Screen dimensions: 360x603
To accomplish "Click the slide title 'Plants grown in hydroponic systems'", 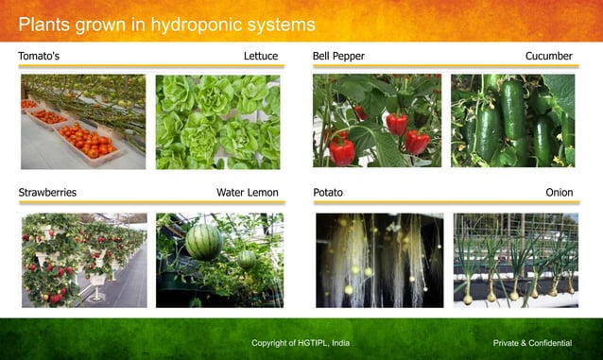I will click(166, 24).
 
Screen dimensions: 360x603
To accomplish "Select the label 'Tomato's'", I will click(39, 57).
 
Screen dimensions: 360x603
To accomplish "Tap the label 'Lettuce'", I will click(261, 57).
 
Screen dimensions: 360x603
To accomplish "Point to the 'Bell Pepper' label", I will click(338, 57).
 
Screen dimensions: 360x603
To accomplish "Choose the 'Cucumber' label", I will click(549, 57).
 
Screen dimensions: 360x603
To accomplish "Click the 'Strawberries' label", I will click(47, 193).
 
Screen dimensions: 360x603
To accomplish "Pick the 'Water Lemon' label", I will click(248, 193).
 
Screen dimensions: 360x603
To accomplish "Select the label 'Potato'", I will click(328, 193).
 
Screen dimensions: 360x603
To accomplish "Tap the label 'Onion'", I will click(559, 193).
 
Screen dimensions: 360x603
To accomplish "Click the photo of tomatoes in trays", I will click(83, 122).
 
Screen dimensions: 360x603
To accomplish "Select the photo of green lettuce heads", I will click(217, 122).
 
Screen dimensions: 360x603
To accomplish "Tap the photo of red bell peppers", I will click(377, 121).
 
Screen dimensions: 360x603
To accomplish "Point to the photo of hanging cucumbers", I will click(512, 121).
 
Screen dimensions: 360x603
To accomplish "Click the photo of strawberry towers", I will click(83, 260).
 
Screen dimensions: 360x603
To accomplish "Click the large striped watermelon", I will click(203, 242).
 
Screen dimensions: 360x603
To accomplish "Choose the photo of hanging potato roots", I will click(379, 260).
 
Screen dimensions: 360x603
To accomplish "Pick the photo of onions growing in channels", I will click(515, 260).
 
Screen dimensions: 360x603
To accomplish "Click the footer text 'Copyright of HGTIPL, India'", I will click(301, 342).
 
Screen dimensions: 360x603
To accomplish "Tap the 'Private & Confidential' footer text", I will click(533, 342).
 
